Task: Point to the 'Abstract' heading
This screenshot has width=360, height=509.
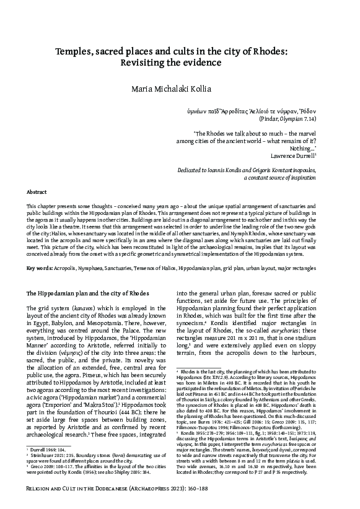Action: point(38,193)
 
